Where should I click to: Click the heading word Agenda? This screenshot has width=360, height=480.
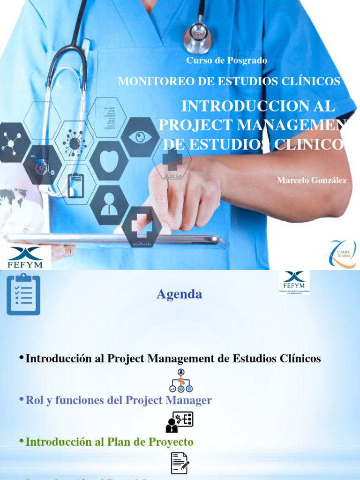(179, 294)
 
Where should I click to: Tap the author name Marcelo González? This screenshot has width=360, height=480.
(312, 180)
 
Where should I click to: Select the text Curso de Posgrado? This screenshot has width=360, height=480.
(227, 60)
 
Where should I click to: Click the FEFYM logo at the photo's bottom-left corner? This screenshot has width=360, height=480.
(25, 257)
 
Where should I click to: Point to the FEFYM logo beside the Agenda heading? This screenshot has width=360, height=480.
(294, 282)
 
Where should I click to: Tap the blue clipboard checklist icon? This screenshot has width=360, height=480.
(23, 294)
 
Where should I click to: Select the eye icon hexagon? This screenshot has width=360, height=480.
(140, 137)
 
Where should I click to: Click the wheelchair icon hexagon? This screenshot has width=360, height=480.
(42, 165)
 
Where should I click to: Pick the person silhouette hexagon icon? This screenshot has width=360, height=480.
(109, 205)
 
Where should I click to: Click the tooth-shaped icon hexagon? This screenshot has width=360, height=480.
(109, 161)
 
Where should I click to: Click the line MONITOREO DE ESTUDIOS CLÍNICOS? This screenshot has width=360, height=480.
(229, 81)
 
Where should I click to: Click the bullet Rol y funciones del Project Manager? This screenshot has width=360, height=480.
(118, 400)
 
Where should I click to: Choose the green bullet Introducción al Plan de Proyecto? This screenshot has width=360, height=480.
(109, 442)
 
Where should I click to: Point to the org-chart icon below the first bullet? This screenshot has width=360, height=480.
(181, 381)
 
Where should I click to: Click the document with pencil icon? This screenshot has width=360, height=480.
(180, 463)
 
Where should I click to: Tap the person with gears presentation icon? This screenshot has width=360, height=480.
(180, 422)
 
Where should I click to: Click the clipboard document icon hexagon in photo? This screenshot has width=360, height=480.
(76, 185)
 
